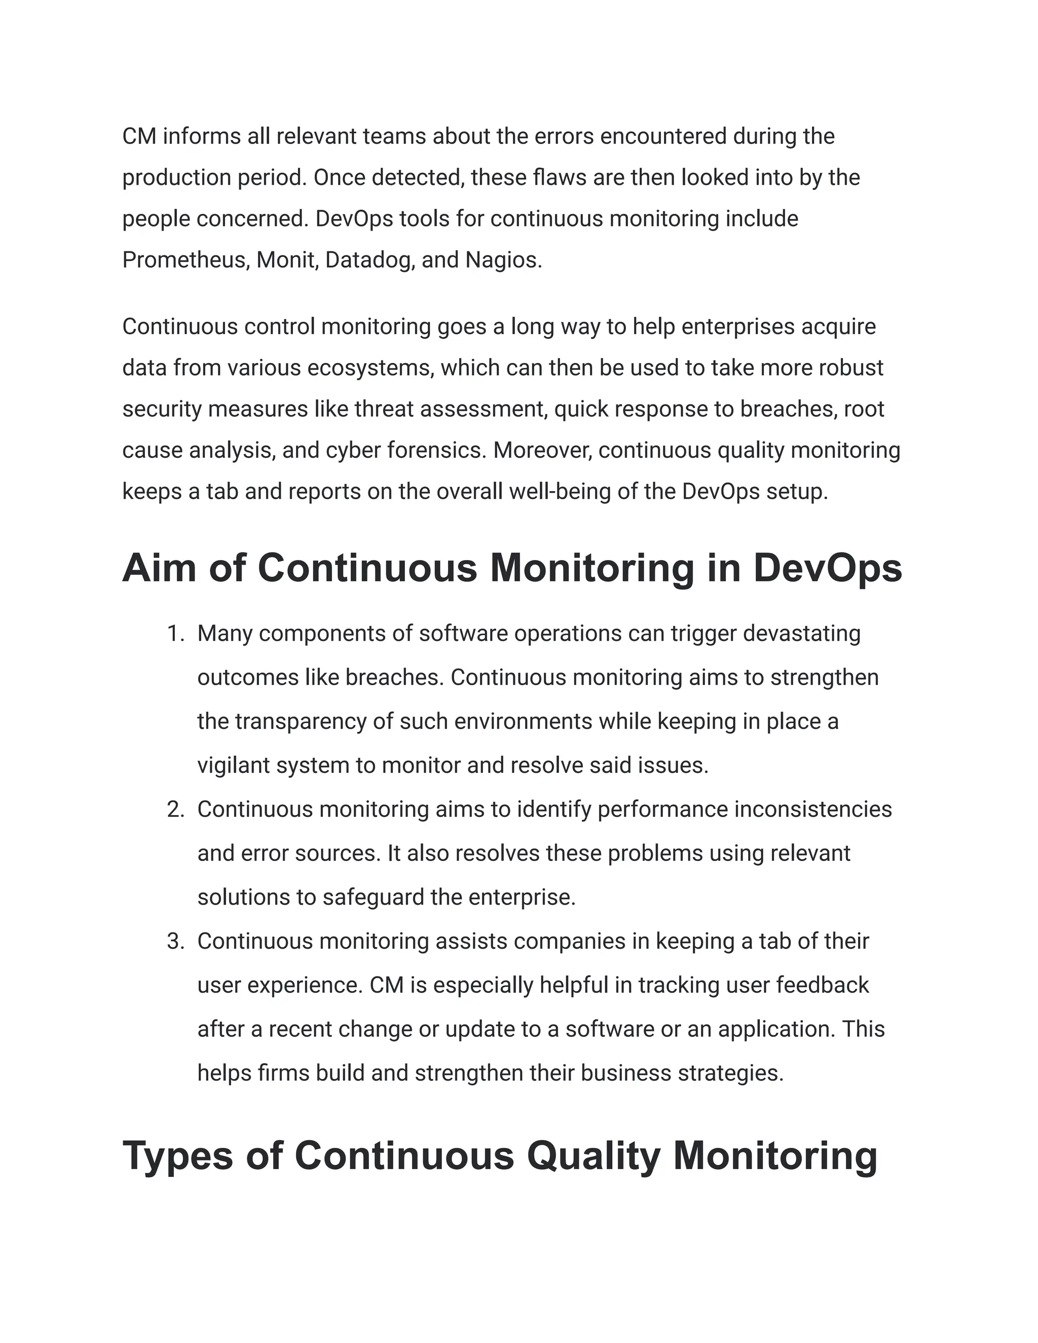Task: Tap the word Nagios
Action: click(503, 260)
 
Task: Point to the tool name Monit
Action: click(286, 260)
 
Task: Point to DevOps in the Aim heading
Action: click(828, 568)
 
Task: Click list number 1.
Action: click(176, 633)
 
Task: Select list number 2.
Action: click(176, 809)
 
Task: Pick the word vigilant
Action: click(234, 766)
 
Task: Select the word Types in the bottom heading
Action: click(178, 1156)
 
